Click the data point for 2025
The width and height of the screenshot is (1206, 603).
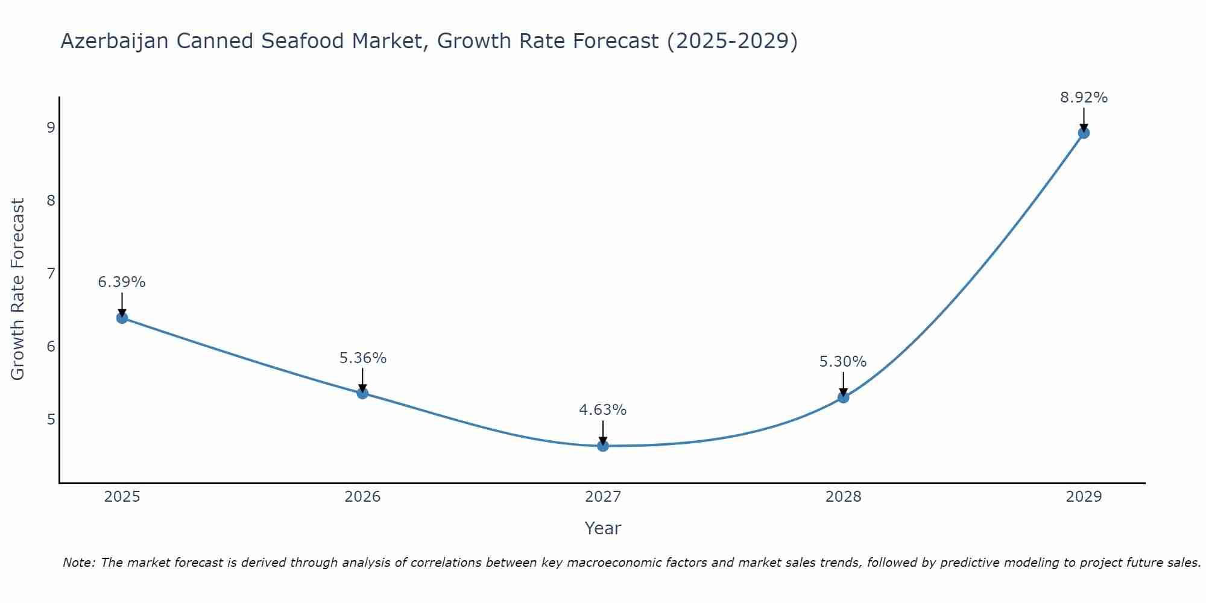122,318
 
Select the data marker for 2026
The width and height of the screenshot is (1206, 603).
362,393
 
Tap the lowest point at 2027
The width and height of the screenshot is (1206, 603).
603,446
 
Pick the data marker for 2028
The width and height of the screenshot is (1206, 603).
843,397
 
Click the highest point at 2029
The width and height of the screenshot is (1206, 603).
1084,133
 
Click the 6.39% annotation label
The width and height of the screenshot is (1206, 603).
122,282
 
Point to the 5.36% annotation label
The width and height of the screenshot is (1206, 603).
362,358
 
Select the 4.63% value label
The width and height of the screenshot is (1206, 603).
603,410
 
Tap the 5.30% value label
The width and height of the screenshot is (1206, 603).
843,362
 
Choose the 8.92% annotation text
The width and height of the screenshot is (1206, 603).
1084,98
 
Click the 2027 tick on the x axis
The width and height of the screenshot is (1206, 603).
603,497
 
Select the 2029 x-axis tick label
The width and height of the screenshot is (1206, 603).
1084,497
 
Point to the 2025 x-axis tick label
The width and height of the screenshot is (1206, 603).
122,497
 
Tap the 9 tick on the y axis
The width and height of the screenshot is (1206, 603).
51,127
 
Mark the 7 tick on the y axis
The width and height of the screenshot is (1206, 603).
51,273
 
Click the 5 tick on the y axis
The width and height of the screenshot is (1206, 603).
51,419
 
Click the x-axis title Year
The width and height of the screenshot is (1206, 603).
603,528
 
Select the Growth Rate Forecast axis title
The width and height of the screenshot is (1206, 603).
18,289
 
